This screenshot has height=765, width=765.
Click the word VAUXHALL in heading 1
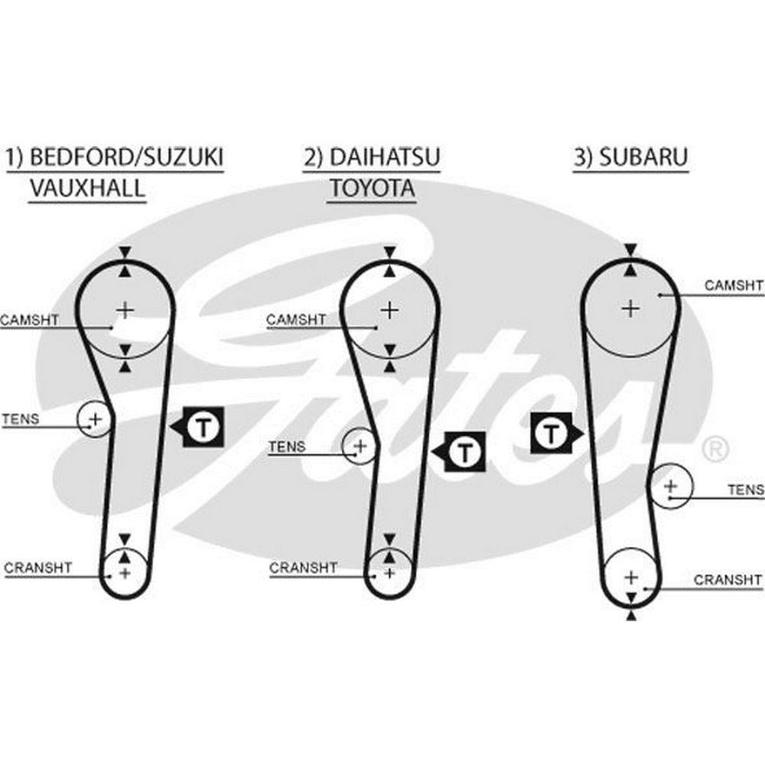(x=86, y=188)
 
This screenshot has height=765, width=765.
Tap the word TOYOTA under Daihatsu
(x=373, y=188)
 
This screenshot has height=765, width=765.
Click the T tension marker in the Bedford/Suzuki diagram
(x=203, y=425)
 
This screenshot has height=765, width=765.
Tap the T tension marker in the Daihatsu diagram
(x=464, y=452)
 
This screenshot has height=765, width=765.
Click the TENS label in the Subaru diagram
(x=745, y=489)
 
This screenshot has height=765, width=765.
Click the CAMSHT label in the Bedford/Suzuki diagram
(x=29, y=320)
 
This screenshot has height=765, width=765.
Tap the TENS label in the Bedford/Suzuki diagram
(x=21, y=419)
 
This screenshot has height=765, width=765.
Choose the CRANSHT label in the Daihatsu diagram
(x=303, y=568)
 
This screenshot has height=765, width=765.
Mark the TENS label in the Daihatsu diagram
(x=287, y=446)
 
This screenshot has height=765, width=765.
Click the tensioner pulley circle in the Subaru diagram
(x=671, y=486)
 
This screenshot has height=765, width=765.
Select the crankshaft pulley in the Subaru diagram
(x=630, y=577)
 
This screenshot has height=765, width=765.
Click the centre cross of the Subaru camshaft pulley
(x=630, y=308)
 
